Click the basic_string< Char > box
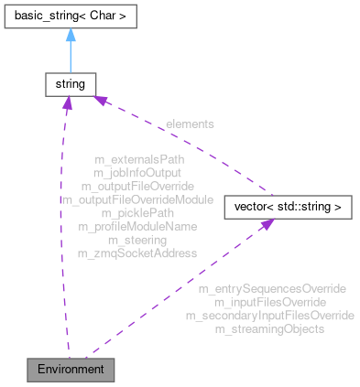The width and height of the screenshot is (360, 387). tap(69, 19)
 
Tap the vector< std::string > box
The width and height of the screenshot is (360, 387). tap(287, 207)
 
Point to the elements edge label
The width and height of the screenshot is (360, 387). tap(190, 123)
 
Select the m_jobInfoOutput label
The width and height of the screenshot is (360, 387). tap(137, 172)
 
